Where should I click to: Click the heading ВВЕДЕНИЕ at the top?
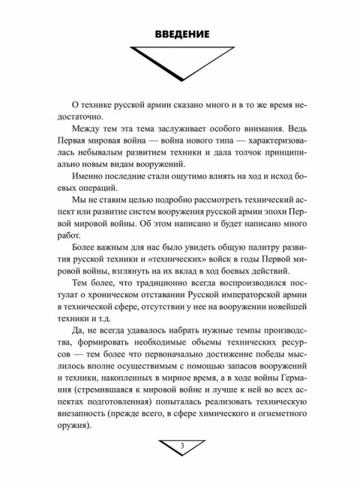click(181, 35)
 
